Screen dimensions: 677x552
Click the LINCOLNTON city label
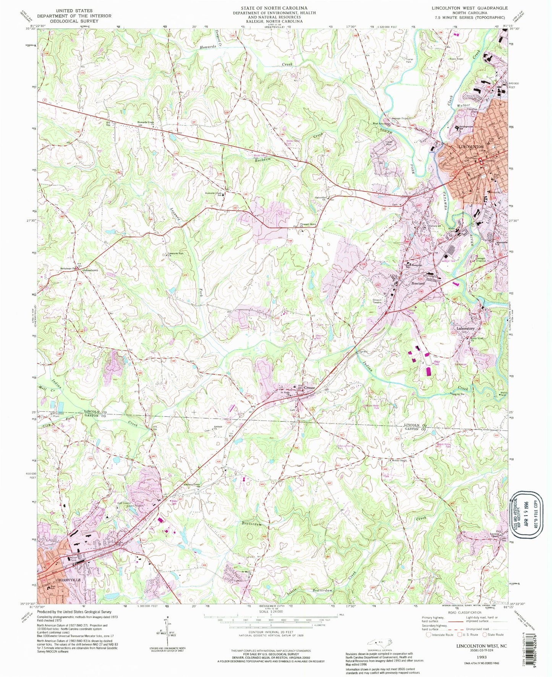tap(471, 147)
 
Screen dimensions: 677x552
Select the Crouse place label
tap(309, 388)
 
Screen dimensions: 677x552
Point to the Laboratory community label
tap(465, 329)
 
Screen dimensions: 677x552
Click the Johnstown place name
tap(91, 270)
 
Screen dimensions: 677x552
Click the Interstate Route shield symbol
tap(429, 635)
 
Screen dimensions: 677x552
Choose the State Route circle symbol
tap(486, 635)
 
